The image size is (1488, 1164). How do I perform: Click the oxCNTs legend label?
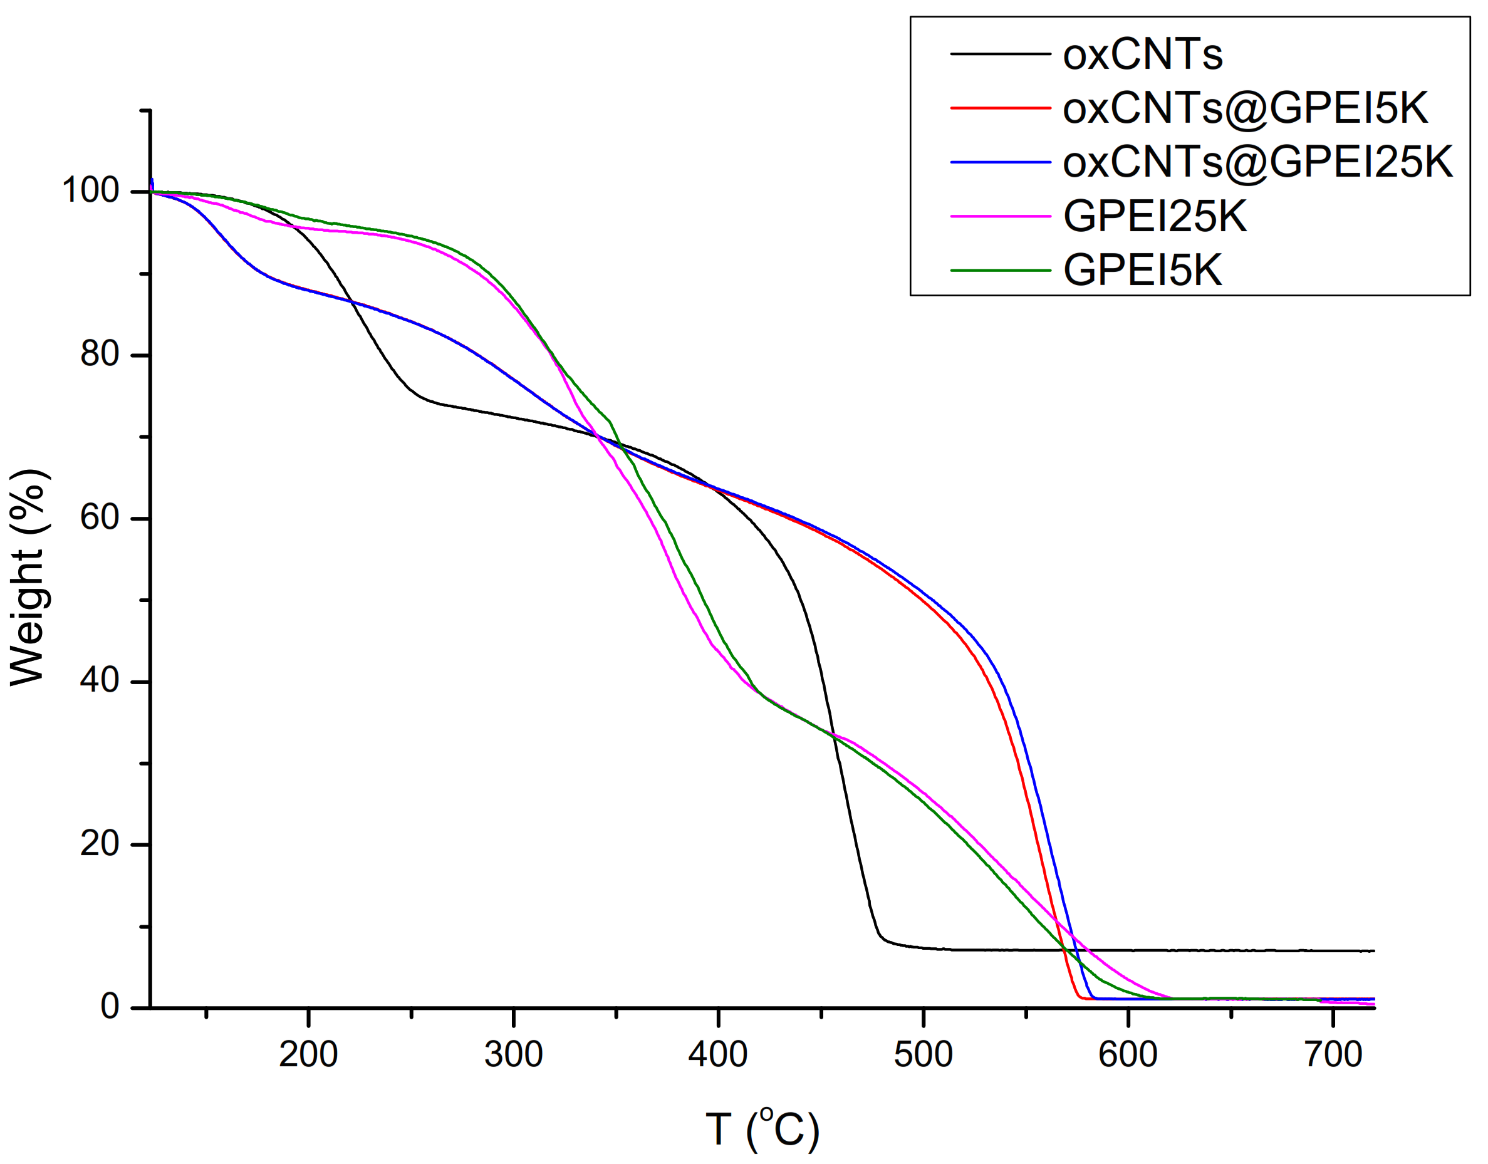[1142, 54]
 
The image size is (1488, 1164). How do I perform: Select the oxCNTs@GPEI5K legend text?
[1245, 108]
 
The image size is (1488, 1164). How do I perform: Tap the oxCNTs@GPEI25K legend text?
[1257, 162]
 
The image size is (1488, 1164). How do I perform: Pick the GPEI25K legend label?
[1155, 217]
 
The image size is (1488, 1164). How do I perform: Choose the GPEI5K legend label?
[1142, 271]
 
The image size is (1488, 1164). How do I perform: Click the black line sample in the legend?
[1000, 53]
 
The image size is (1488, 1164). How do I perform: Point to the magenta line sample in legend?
[1000, 216]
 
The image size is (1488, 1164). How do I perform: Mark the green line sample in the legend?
[1000, 271]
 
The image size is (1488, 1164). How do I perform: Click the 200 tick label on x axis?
[308, 1055]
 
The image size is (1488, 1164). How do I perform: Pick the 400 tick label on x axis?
[718, 1055]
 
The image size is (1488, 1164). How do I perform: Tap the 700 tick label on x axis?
[1333, 1055]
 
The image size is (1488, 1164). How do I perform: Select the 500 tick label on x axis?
[923, 1055]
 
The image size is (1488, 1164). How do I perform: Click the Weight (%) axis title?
[29, 576]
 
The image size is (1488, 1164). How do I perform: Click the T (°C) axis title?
[762, 1130]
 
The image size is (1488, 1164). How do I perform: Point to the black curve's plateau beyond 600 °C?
[1227, 950]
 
